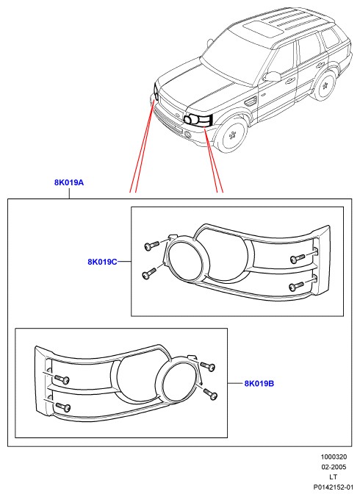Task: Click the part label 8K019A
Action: click(x=69, y=182)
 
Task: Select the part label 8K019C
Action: click(x=102, y=262)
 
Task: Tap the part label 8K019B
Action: click(x=259, y=384)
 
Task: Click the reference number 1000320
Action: click(x=334, y=457)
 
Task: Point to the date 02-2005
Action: click(x=334, y=467)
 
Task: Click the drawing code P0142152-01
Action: click(x=333, y=487)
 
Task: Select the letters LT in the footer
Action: click(x=333, y=476)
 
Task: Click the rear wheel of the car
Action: click(x=324, y=85)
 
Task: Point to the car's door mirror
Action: click(x=272, y=76)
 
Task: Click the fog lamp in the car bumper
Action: click(x=188, y=135)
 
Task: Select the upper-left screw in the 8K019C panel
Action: click(x=151, y=246)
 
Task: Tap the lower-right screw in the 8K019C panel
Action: click(x=297, y=286)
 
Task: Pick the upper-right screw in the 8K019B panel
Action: click(x=208, y=365)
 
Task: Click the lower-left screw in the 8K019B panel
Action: click(x=62, y=407)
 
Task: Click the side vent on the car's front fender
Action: click(x=251, y=101)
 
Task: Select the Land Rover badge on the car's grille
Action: click(x=177, y=115)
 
